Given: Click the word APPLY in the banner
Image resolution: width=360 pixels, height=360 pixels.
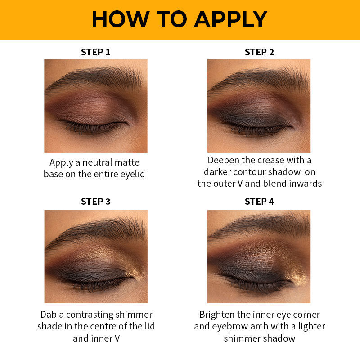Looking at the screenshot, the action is point(230,19).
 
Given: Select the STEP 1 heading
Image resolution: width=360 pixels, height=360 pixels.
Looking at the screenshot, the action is point(95,52).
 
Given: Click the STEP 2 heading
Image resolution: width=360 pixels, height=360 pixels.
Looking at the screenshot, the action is point(259,52).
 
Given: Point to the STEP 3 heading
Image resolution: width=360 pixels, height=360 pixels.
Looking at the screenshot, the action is point(95,202).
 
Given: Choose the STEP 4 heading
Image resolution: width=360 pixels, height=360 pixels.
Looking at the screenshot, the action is point(259,202).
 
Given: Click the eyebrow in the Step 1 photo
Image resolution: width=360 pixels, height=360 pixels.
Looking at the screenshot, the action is point(96,78).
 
